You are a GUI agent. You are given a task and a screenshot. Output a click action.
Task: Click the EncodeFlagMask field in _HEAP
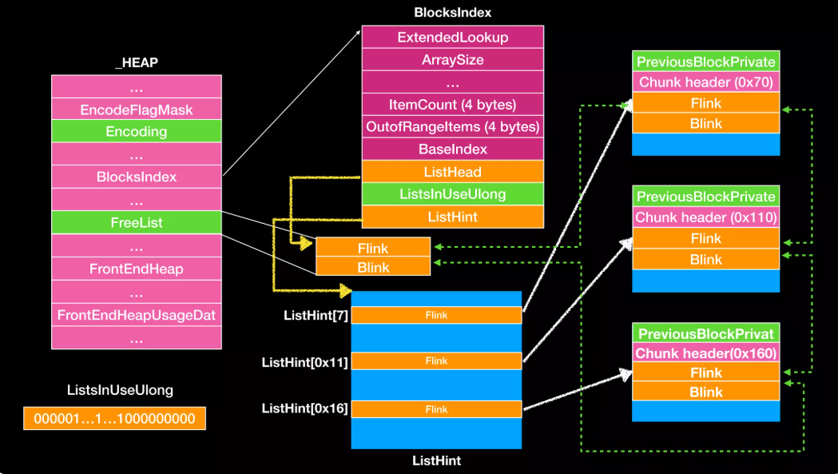(137, 110)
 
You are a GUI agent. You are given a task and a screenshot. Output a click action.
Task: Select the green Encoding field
(137, 131)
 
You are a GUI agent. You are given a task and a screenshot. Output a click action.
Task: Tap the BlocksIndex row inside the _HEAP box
(137, 177)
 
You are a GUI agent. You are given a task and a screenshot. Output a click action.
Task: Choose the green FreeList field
(137, 222)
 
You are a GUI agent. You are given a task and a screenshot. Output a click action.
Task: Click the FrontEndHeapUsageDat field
(137, 315)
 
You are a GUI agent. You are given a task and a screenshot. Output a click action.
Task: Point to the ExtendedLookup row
(453, 37)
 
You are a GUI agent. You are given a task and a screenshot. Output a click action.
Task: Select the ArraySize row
(453, 59)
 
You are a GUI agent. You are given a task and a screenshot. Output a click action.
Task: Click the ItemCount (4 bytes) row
(453, 105)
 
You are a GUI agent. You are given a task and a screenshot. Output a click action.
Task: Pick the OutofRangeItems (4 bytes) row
(453, 127)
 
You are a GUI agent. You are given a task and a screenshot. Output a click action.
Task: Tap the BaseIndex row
(453, 149)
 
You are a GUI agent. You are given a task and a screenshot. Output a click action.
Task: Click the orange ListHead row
(453, 172)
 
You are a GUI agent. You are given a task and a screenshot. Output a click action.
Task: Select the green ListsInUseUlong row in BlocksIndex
(453, 194)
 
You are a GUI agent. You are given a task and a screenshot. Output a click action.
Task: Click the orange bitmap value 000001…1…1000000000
(114, 418)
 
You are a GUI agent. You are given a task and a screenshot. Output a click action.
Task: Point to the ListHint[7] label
(316, 316)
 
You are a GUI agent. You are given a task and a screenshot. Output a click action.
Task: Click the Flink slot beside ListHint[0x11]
(436, 361)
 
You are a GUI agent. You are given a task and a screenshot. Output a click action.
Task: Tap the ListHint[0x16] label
(304, 408)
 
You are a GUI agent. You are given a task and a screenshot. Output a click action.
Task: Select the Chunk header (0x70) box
(706, 82)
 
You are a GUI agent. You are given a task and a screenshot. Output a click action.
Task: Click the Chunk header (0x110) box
(706, 217)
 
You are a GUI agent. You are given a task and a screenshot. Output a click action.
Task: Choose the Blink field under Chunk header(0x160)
(706, 392)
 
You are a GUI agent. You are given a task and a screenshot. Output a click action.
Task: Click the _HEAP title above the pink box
(137, 62)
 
